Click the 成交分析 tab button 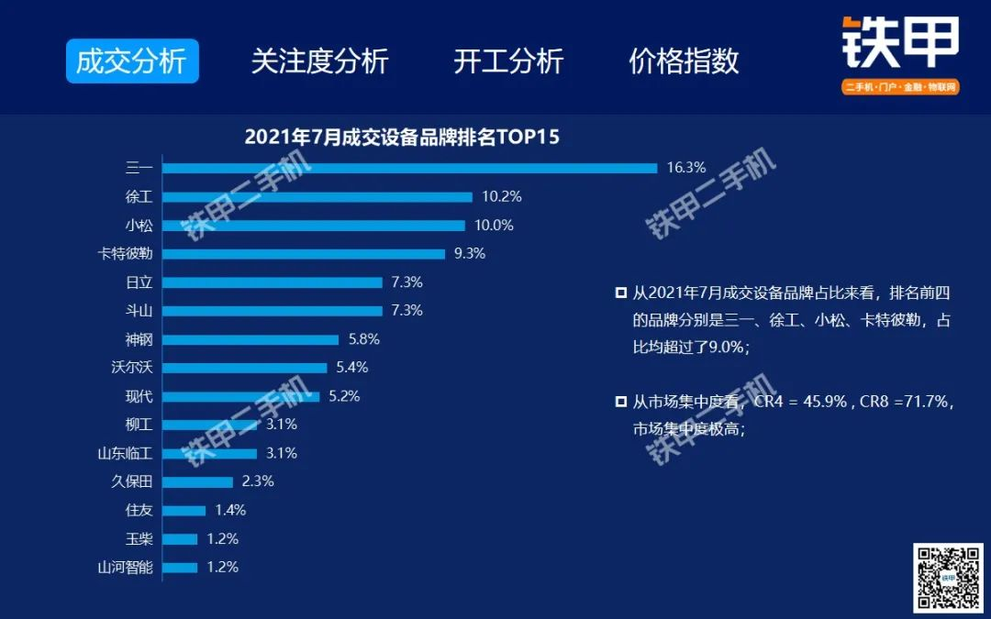pyautogui.click(x=132, y=61)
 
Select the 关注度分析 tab pyautogui.click(x=319, y=61)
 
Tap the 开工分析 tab pyautogui.click(x=508, y=61)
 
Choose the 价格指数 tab pyautogui.click(x=684, y=61)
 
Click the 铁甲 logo pyautogui.click(x=900, y=44)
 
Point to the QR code pyautogui.click(x=947, y=578)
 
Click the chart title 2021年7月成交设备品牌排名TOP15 pyautogui.click(x=402, y=138)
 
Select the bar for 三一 pyautogui.click(x=410, y=168)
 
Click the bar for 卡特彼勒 pyautogui.click(x=304, y=254)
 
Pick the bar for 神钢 pyautogui.click(x=251, y=339)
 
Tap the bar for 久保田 pyautogui.click(x=198, y=481)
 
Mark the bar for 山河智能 pyautogui.click(x=181, y=568)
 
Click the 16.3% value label pyautogui.click(x=686, y=168)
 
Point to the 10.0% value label pyautogui.click(x=494, y=226)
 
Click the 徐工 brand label pyautogui.click(x=139, y=197)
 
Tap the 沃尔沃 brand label pyautogui.click(x=131, y=368)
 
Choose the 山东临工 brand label pyautogui.click(x=125, y=453)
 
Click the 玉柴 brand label pyautogui.click(x=139, y=539)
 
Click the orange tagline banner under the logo pyautogui.click(x=900, y=87)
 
